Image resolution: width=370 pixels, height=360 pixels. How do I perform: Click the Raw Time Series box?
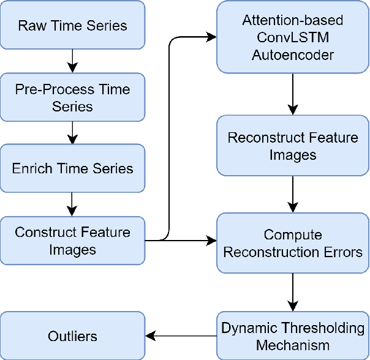tap(72, 26)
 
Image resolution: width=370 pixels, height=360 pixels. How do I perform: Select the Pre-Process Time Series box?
tap(72, 97)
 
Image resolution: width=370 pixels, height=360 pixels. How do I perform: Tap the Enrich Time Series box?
tap(72, 168)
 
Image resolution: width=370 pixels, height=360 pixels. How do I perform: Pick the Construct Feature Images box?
tap(72, 241)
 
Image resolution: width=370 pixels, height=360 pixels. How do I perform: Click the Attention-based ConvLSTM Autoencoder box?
tap(293, 38)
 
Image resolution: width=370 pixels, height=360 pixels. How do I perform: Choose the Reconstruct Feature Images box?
tap(293, 146)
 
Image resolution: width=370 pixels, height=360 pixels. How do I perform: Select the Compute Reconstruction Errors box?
tap(293, 243)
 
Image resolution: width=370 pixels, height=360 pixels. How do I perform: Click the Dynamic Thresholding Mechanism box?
tap(293, 336)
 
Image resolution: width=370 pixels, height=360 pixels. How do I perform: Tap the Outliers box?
tap(72, 336)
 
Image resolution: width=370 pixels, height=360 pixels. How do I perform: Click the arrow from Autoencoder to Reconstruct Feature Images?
tap(293, 92)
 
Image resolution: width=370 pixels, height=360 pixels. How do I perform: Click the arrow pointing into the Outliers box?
tap(181, 336)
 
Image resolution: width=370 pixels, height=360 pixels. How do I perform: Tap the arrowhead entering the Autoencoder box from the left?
tap(212, 37)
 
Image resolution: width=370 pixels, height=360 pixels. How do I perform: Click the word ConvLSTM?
tap(293, 38)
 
